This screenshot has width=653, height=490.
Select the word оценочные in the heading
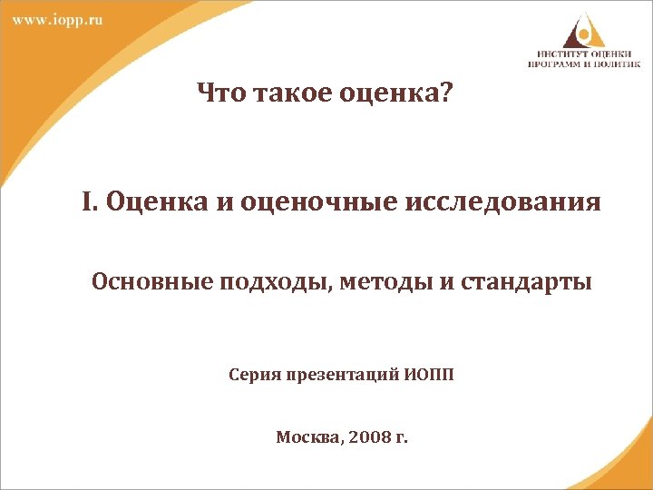point(306,202)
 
